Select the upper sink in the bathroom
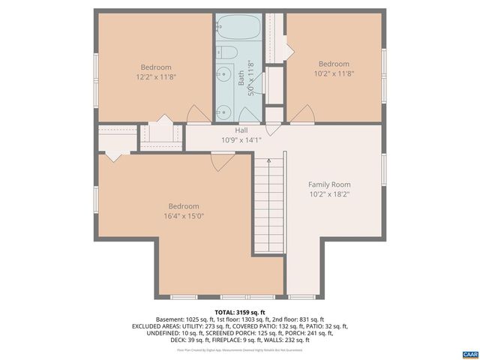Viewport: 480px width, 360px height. pyautogui.click(x=224, y=76)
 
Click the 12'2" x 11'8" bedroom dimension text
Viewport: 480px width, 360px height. pyautogui.click(x=156, y=76)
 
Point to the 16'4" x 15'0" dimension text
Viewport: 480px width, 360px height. pyautogui.click(x=183, y=216)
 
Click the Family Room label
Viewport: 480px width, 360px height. pyautogui.click(x=329, y=184)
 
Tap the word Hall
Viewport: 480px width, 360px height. pyautogui.click(x=241, y=130)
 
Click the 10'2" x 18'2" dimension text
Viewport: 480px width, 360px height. pyautogui.click(x=329, y=194)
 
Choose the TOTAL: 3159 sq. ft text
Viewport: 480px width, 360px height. pyautogui.click(x=240, y=311)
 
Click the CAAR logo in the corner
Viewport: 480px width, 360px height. pyautogui.click(x=469, y=353)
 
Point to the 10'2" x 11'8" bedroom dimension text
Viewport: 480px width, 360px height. pyautogui.click(x=334, y=73)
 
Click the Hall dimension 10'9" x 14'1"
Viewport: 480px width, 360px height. pyautogui.click(x=241, y=139)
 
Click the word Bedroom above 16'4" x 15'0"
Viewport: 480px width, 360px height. pyautogui.click(x=183, y=206)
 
